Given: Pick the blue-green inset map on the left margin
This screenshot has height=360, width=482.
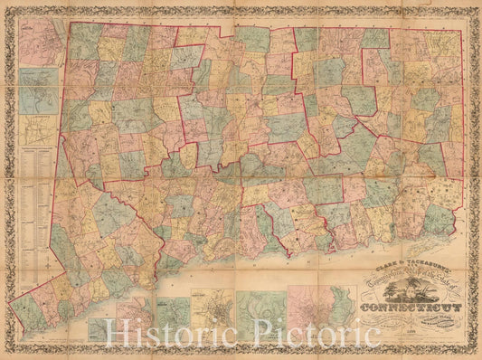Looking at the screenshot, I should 39,90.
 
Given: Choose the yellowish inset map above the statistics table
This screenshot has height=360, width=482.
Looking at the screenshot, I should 39,128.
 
